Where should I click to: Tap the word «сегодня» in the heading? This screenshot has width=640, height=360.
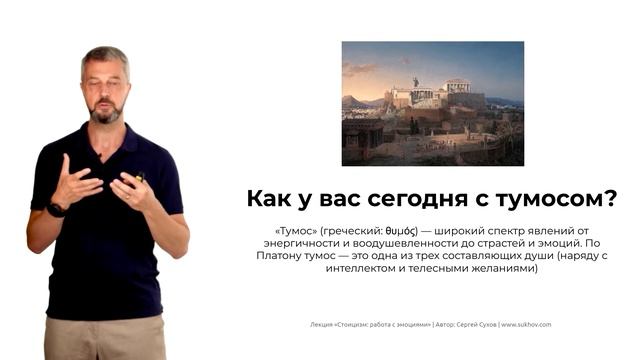point(431,198)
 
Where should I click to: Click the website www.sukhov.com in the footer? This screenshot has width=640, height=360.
point(526,324)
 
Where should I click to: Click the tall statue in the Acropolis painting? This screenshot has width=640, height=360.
point(415,82)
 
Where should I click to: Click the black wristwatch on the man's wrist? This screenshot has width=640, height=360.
point(56,209)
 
